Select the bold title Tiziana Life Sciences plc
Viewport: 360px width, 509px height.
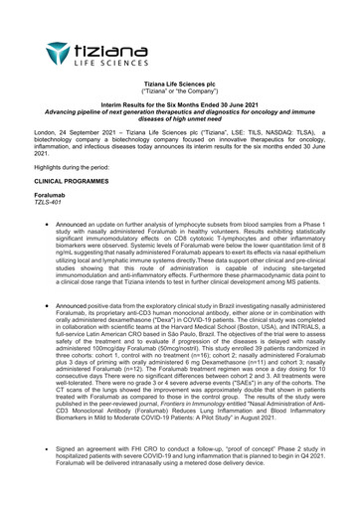[179, 85]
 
